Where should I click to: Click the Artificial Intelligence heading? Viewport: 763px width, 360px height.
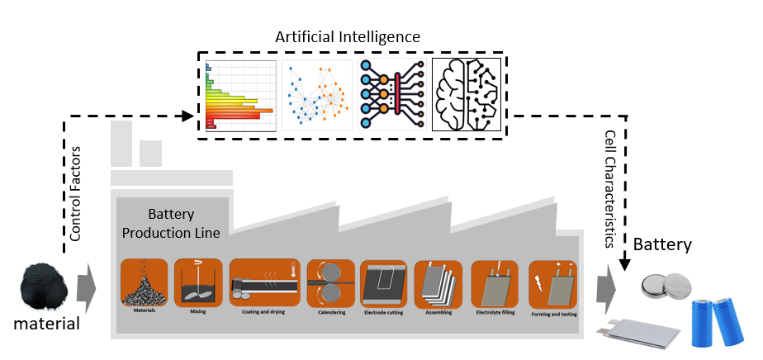[x=348, y=37]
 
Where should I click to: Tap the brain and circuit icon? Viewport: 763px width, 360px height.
[x=469, y=95]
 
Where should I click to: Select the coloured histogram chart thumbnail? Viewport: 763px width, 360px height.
[x=239, y=95]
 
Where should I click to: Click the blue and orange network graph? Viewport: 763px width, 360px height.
[x=318, y=95]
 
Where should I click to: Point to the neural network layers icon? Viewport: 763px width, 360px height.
[x=393, y=95]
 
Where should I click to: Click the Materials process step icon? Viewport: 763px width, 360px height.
[x=144, y=284]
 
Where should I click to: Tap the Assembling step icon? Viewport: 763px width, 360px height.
[x=438, y=284]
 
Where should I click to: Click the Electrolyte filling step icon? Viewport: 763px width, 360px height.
[x=494, y=284]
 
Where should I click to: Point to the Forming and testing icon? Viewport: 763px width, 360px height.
[x=552, y=284]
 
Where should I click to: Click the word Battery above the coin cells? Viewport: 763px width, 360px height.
[x=662, y=244]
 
